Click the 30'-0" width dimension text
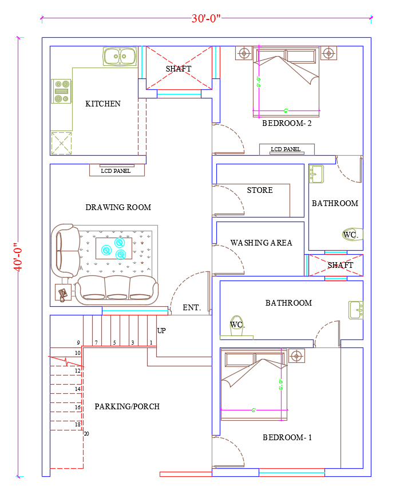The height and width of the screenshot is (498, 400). [x=206, y=18]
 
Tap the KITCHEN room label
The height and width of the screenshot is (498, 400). [x=103, y=104]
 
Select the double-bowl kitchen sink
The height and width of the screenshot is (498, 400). [x=120, y=56]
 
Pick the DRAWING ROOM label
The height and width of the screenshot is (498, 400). [x=118, y=207]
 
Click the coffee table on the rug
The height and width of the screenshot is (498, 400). [x=113, y=247]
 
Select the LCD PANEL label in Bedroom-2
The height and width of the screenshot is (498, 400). [x=286, y=149]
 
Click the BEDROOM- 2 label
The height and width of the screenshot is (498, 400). [x=287, y=123]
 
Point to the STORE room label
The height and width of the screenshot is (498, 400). [x=260, y=190]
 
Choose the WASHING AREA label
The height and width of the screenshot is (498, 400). [x=262, y=243]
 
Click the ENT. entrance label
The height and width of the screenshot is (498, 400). [x=192, y=308]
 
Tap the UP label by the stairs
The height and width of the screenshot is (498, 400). [x=161, y=331]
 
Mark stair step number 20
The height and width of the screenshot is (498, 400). [x=86, y=434]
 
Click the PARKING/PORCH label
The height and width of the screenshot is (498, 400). [x=127, y=406]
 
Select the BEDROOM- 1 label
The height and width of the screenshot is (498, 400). [x=287, y=437]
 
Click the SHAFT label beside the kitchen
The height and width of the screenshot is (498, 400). [x=179, y=69]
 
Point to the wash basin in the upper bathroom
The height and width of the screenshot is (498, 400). [x=316, y=173]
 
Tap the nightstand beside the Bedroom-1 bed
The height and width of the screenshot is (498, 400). [x=296, y=355]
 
